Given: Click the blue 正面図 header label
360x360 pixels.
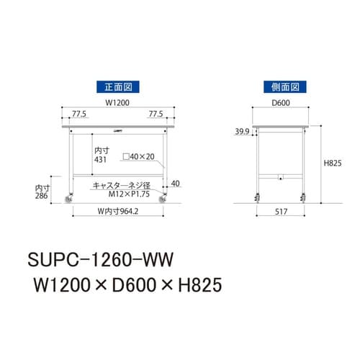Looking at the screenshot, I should pos(115,86).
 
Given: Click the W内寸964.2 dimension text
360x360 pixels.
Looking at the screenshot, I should pos(118,212).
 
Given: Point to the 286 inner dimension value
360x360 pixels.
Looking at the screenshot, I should pos(42,195).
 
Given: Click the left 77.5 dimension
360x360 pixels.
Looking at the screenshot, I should pos(79,114).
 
